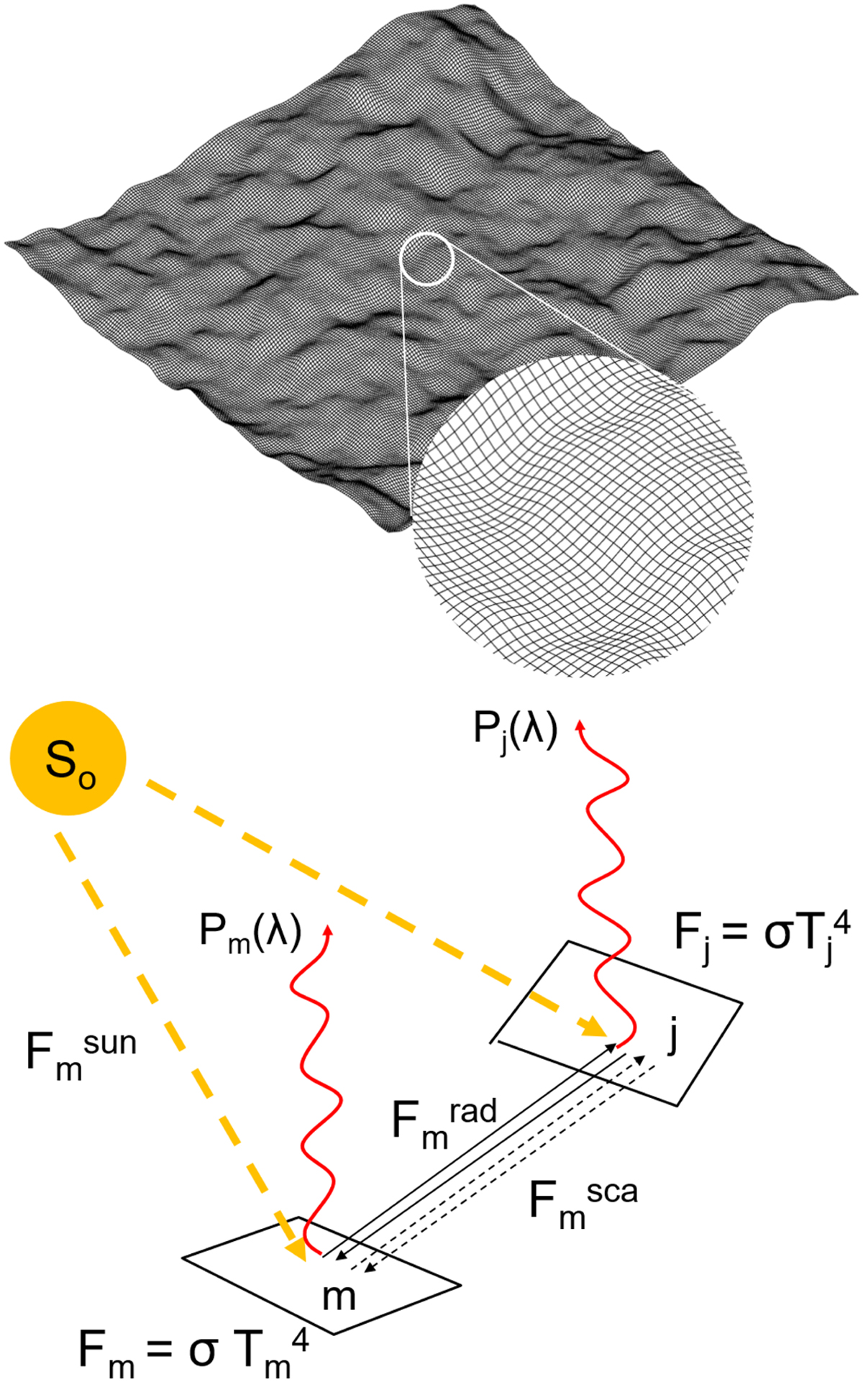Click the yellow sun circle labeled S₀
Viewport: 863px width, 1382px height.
(68, 758)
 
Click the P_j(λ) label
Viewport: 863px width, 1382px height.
(515, 731)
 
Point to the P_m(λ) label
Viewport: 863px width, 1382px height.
(250, 933)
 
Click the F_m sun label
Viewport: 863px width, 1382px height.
(81, 1052)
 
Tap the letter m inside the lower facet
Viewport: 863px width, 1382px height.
(339, 1297)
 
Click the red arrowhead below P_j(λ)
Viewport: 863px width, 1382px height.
(577, 725)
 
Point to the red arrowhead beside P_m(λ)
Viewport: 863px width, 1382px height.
(329, 930)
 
